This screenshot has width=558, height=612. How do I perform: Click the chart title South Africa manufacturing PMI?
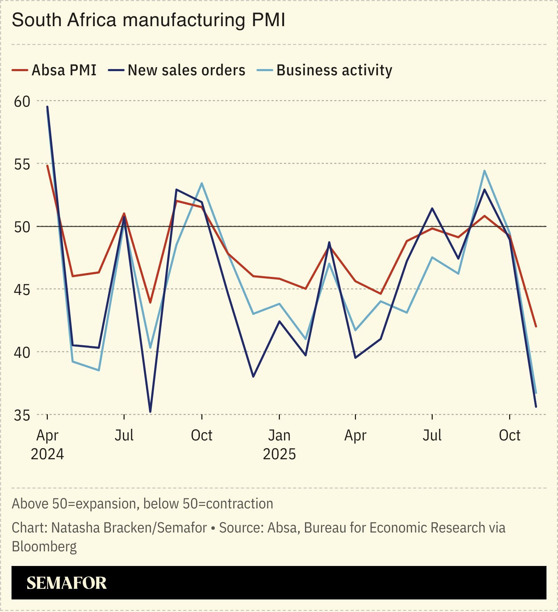tap(148, 20)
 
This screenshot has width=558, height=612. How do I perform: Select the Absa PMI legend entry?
tap(54, 70)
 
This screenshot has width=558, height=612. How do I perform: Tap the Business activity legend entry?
tap(325, 70)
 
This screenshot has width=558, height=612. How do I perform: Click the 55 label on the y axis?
tap(22, 164)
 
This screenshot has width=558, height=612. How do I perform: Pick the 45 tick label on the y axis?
tap(22, 289)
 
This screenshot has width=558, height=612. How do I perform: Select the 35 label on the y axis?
tap(22, 415)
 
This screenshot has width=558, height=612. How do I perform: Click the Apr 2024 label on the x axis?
tap(47, 444)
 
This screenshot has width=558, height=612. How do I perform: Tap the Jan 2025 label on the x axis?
tap(279, 444)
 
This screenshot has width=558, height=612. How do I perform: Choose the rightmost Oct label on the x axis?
tap(509, 435)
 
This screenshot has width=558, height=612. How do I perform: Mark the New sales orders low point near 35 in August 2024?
tap(150, 412)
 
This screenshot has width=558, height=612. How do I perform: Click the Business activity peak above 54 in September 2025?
tap(484, 171)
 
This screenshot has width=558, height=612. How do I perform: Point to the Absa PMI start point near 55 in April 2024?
tap(47, 166)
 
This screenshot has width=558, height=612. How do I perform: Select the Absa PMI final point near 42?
tap(536, 326)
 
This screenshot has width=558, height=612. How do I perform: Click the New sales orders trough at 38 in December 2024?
tap(253, 377)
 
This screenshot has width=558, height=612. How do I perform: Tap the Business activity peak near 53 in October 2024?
tap(202, 183)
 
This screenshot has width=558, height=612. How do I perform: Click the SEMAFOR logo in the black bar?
tap(66, 583)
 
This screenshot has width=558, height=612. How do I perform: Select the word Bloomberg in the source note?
tap(44, 546)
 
